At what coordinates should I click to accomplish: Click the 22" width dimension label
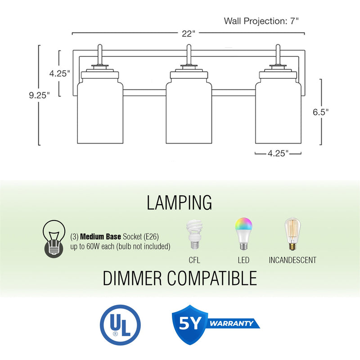[x=189, y=33]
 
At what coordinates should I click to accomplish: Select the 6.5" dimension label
[x=321, y=112]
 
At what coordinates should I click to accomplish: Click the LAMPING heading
[x=180, y=203]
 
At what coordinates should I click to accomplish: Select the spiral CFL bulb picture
[x=194, y=234]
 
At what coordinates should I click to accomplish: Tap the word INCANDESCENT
[x=292, y=260]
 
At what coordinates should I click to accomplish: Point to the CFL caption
[x=194, y=260]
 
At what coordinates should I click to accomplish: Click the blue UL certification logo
[x=120, y=324]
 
